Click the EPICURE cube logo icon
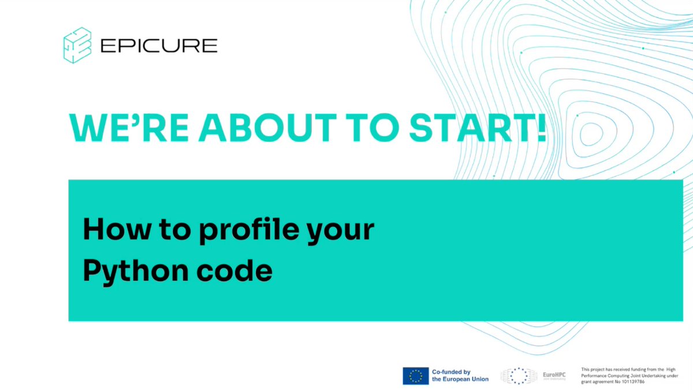(77, 45)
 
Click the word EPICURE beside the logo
(159, 46)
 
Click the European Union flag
(415, 376)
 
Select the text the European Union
(460, 379)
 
